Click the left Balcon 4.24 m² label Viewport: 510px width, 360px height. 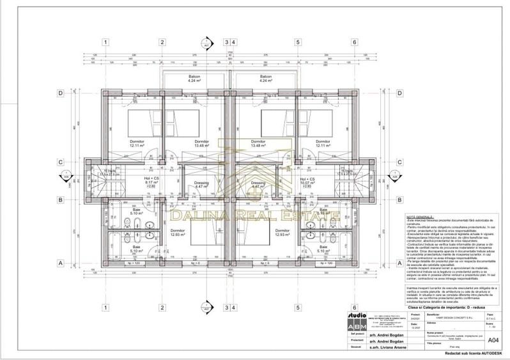(x=194, y=79)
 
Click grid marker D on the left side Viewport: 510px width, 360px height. (x=60, y=93)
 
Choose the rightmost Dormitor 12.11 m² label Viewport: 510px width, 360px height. (x=323, y=144)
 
